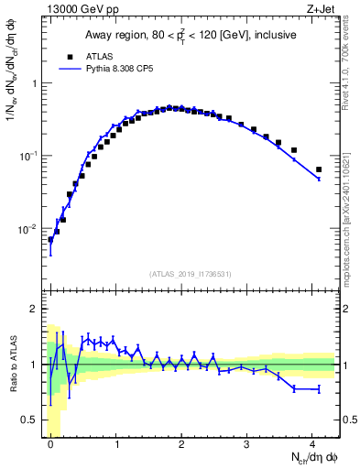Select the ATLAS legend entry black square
[x=70, y=56]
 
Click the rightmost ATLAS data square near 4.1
[x=319, y=169]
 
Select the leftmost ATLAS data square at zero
[x=50, y=240]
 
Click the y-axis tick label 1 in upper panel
[x=34, y=83]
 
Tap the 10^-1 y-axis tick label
[x=29, y=156]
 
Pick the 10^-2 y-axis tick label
[x=29, y=228]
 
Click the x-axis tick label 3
[x=246, y=444]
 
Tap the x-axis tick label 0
[x=50, y=444]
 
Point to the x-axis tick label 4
[x=311, y=444]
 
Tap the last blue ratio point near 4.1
[x=319, y=389]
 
